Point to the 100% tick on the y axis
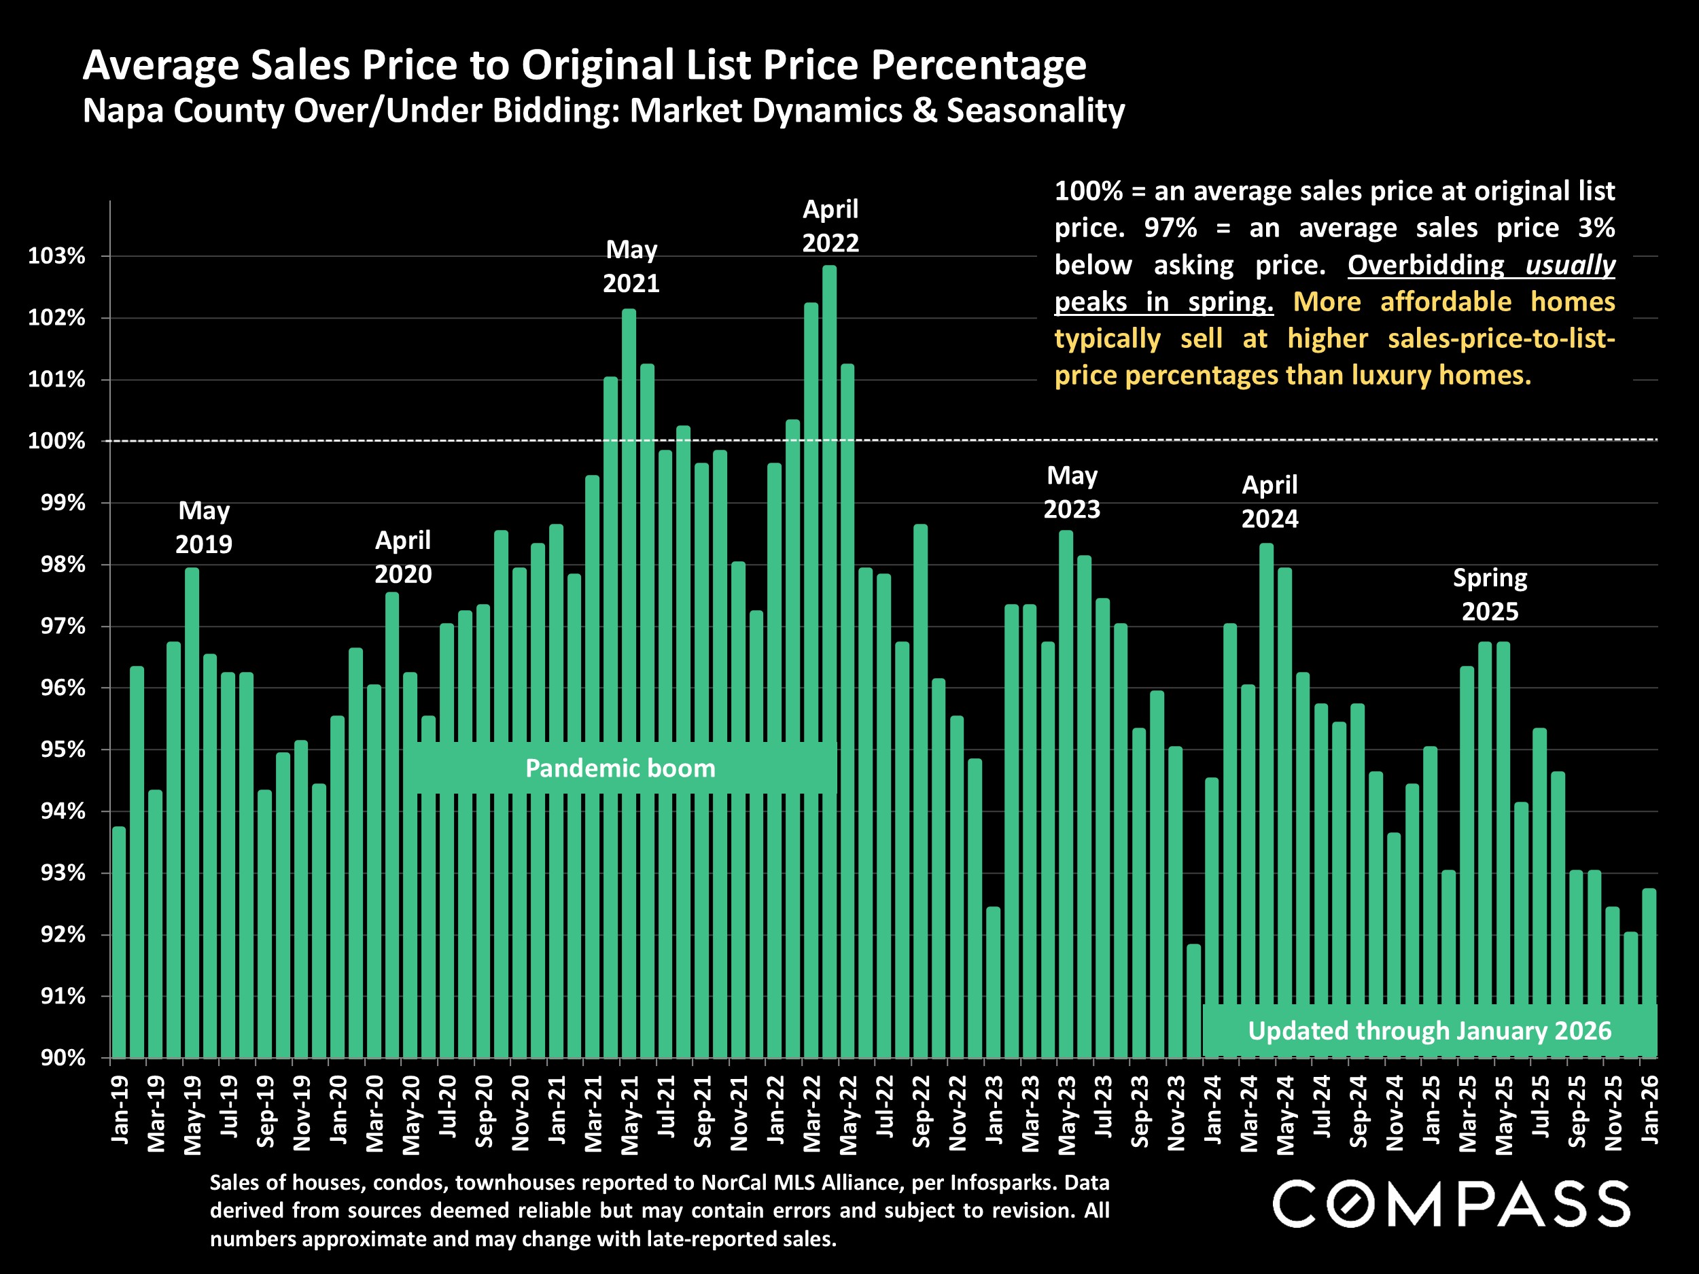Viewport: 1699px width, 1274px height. (x=57, y=442)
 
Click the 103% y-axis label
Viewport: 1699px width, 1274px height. (x=57, y=256)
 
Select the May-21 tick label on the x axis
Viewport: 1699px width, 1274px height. (x=630, y=1114)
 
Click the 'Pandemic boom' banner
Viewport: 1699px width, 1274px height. (x=620, y=768)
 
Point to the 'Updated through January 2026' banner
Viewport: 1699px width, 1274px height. (x=1429, y=1031)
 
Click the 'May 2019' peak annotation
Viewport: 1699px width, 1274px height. (x=204, y=527)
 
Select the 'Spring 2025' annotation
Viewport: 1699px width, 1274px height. (x=1490, y=595)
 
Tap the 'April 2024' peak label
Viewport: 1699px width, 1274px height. (x=1269, y=501)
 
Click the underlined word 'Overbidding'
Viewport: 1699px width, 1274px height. (x=1426, y=265)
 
